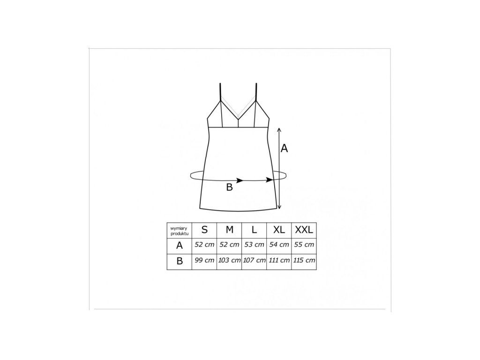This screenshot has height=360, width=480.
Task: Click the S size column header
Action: point(204,230)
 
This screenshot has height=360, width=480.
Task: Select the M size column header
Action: point(229,230)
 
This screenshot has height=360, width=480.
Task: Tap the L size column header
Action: point(254,230)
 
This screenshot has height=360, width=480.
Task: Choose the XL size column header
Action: point(279,230)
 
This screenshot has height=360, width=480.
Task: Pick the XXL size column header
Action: point(304,230)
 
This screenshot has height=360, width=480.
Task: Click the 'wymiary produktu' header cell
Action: point(180,231)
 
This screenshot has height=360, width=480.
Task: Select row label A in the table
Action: point(180,246)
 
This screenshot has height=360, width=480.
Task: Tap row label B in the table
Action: point(180,261)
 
